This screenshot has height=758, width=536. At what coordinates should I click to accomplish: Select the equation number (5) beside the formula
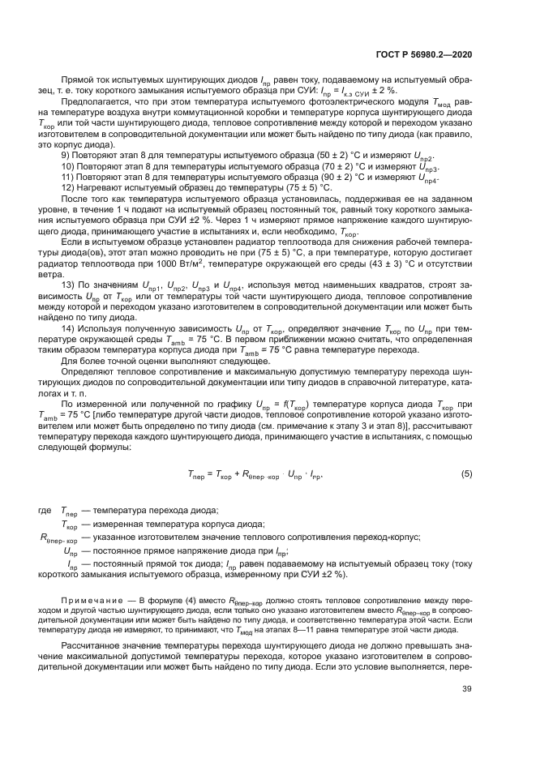pyautogui.click(x=466, y=473)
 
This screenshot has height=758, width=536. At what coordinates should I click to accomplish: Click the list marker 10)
pyautogui.click(x=69, y=165)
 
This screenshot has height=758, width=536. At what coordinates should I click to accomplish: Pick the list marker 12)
pyautogui.click(x=69, y=186)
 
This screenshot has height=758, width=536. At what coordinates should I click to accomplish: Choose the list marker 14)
pyautogui.click(x=69, y=328)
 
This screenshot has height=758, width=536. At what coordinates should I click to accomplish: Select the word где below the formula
pyautogui.click(x=45, y=509)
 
